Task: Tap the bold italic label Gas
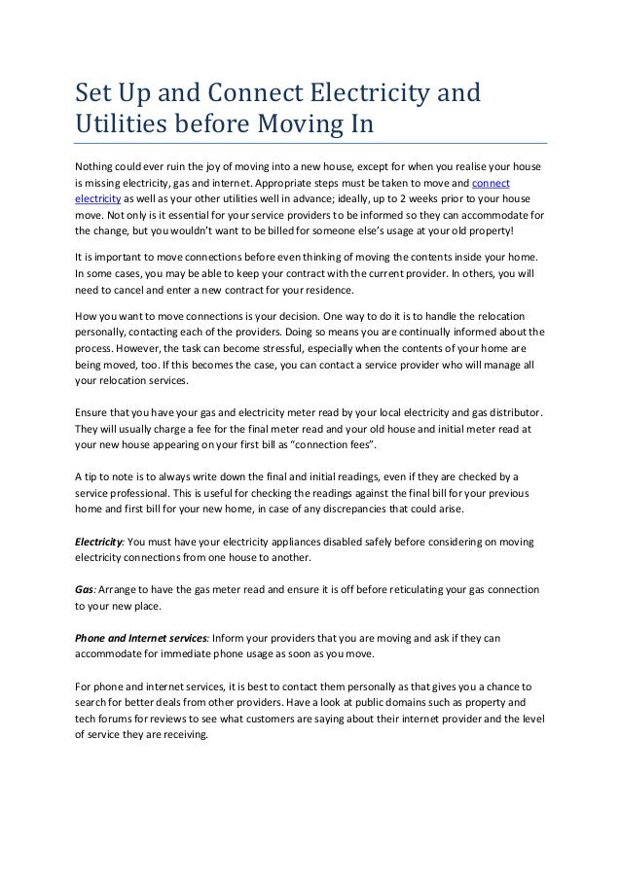83,589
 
